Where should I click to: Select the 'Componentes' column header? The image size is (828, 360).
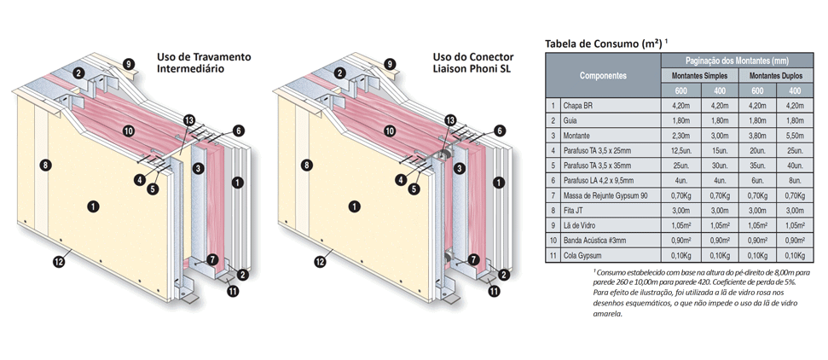click(x=603, y=76)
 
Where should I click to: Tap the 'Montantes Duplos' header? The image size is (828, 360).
click(x=776, y=76)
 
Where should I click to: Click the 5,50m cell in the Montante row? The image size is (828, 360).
click(x=795, y=135)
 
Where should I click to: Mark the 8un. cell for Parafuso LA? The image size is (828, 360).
click(x=795, y=180)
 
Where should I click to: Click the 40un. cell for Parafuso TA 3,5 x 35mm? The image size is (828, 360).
click(x=795, y=165)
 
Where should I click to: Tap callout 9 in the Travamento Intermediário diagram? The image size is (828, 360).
click(x=128, y=64)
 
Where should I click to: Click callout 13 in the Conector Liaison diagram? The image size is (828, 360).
click(x=449, y=120)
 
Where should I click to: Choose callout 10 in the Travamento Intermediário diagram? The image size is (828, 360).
click(x=128, y=131)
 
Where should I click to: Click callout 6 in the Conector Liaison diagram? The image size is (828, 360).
click(x=499, y=131)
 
